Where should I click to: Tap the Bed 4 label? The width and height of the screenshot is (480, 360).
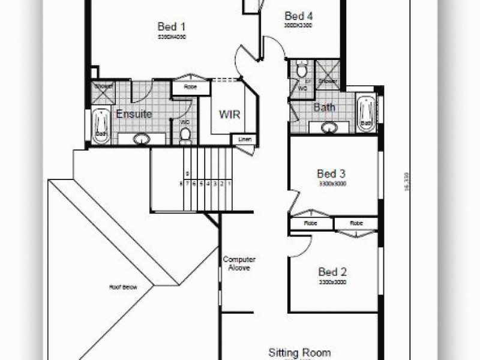(298, 16)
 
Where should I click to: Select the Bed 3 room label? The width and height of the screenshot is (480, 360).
(331, 174)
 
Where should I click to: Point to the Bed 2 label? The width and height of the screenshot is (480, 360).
(332, 271)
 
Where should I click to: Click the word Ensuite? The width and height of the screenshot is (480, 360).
(134, 113)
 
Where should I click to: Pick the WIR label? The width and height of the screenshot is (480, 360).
(229, 115)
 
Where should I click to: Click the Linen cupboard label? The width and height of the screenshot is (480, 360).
(244, 140)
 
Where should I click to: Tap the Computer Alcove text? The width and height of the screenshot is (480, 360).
(239, 263)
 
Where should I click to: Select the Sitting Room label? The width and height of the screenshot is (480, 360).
(299, 353)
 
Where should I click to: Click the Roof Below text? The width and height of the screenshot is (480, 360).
(123, 287)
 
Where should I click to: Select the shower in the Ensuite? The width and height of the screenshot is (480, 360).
(102, 90)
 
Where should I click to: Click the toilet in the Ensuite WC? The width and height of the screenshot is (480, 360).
(185, 133)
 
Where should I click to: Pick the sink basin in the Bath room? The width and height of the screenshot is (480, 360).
(328, 127)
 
